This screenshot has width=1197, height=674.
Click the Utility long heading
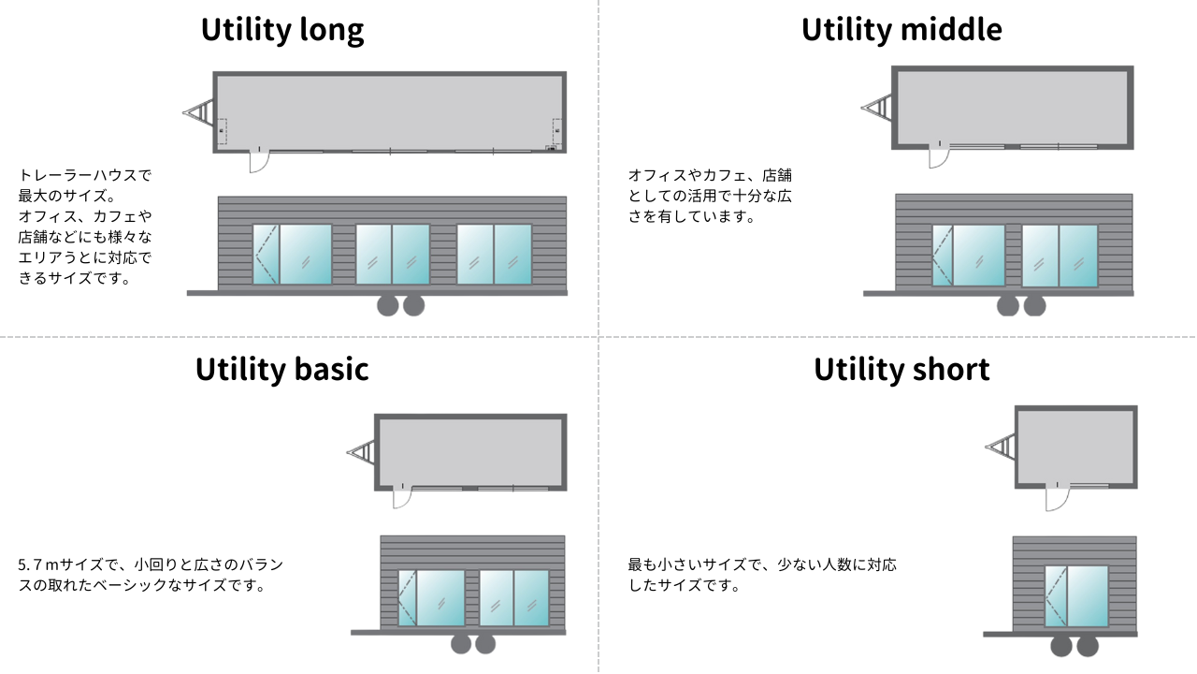coord(282,30)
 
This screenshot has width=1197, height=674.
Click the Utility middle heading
coord(901,29)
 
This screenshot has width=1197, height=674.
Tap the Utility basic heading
coord(282,369)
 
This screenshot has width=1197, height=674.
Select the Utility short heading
coord(901,369)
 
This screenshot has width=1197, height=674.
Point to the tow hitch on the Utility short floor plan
coord(1001,447)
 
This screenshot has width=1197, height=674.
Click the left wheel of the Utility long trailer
coord(388,306)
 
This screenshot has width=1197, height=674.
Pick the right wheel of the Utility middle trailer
coord(1034,306)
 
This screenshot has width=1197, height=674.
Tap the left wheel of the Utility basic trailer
coord(461,644)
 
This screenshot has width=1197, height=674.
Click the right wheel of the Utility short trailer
coord(1088,646)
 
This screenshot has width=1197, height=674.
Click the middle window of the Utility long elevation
coord(393,254)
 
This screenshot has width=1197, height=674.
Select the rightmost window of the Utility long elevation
coord(495,254)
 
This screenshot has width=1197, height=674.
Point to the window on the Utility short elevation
coord(1076,596)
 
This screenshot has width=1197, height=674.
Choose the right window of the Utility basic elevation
coord(514,598)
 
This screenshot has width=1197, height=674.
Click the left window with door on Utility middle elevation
coord(969,256)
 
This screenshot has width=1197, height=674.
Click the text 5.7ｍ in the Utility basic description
coord(38,564)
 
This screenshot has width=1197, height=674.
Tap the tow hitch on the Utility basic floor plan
coord(362,452)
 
